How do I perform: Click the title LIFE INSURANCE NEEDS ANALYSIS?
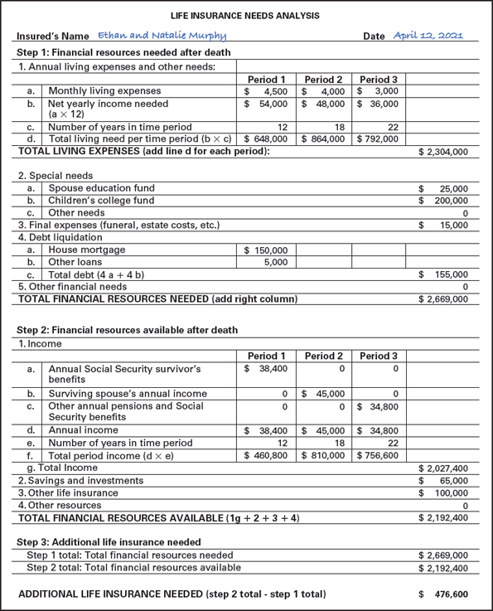[246, 16]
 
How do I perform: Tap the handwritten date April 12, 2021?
[428, 36]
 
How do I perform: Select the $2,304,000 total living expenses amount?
[443, 153]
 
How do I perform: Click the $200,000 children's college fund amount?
[447, 201]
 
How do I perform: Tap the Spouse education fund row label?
[101, 188]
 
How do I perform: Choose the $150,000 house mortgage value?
[266, 250]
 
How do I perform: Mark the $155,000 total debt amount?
[447, 274]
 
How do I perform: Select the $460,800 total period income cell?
[266, 456]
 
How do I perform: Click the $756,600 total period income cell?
[378, 456]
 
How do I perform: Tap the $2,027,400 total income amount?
[443, 468]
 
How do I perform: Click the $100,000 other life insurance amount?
[447, 493]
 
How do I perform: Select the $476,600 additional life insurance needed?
[450, 594]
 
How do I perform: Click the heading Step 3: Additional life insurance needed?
[109, 542]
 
